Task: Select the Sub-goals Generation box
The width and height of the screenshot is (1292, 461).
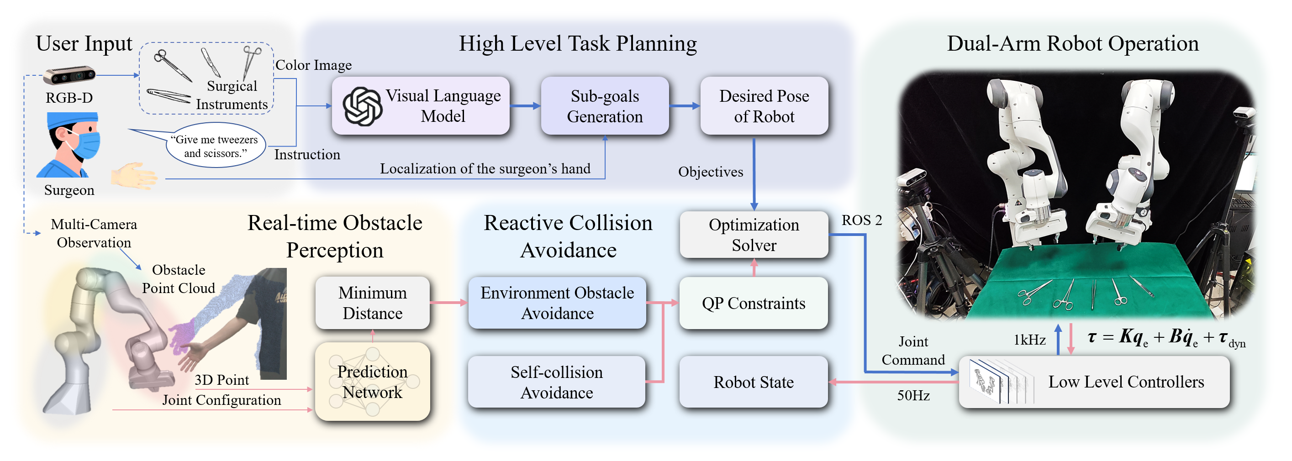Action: point(604,106)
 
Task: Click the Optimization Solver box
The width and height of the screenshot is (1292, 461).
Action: point(754,235)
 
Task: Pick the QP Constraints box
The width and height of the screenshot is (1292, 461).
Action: point(754,303)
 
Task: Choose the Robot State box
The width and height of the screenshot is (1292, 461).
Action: point(754,382)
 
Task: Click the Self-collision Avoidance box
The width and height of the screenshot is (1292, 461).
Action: point(556,382)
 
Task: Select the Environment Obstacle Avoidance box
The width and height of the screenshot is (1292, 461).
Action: point(557,303)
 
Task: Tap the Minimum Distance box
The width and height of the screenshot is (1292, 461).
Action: point(372,303)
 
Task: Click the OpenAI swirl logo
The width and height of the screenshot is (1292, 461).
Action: point(362,106)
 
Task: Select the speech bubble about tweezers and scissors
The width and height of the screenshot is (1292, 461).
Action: point(216,146)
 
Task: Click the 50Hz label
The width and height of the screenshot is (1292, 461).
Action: point(913,395)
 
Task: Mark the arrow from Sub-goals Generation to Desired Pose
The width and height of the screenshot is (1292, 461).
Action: point(684,106)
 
